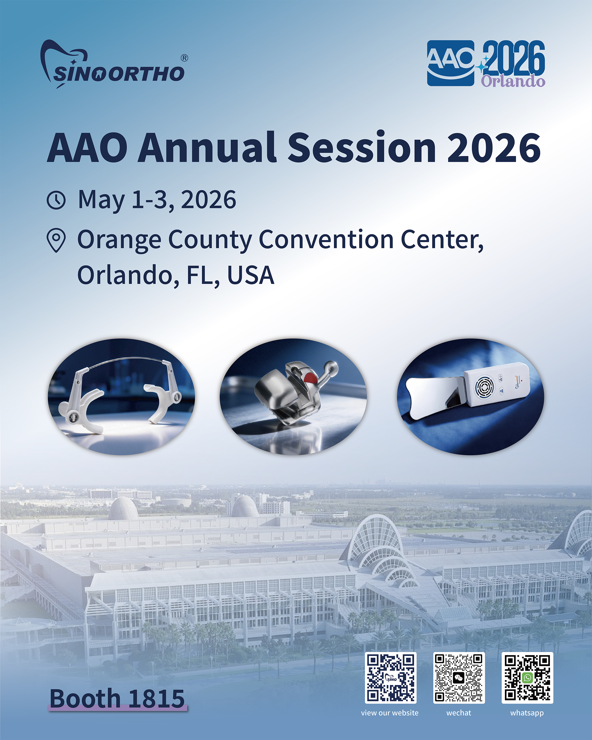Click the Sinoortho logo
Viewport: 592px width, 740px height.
113,65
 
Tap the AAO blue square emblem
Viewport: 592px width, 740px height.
451,63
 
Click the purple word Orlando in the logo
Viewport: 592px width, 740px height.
513,81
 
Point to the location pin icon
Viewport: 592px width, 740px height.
56,240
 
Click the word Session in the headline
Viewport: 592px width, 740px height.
362,148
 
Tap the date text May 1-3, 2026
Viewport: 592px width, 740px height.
157,200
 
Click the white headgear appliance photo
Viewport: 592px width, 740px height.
121,397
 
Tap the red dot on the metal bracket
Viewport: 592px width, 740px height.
311,378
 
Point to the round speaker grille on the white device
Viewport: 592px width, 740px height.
484,387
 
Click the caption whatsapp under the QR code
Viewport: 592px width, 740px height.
527,713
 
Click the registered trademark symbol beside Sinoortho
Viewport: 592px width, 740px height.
184,58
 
